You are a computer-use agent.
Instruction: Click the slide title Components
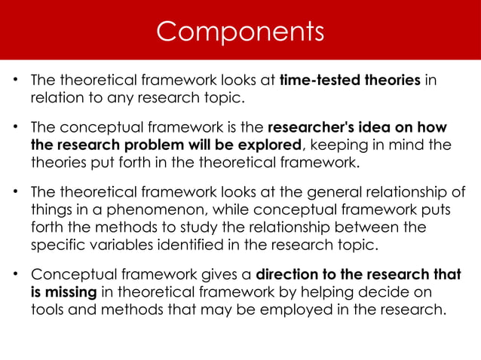(x=240, y=32)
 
